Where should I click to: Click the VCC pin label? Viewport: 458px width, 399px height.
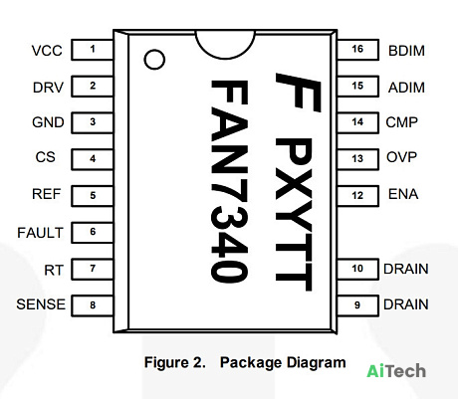[47, 51]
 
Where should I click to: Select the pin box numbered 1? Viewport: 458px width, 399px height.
[93, 50]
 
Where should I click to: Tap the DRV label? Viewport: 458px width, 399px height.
[48, 88]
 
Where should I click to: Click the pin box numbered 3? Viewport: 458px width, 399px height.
[93, 122]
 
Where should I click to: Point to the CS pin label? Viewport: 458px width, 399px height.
[46, 157]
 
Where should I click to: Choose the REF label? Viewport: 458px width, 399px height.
[47, 194]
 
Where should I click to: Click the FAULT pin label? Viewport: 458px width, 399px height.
[40, 233]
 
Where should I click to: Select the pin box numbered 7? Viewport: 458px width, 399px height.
[93, 269]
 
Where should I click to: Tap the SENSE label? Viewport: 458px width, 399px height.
[41, 304]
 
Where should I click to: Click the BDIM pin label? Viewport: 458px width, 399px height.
[406, 51]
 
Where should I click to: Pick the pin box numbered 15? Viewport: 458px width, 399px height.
[357, 87]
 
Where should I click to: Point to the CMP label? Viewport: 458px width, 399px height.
[401, 122]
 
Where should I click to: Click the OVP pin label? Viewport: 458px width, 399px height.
[401, 157]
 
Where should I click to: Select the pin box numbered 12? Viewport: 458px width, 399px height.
[357, 196]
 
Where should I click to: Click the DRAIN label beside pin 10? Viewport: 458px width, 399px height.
[405, 269]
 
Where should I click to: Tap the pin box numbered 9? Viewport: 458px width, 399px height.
[357, 305]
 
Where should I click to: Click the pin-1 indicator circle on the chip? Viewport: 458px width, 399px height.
[154, 50]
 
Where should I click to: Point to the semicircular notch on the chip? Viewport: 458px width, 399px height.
[225, 58]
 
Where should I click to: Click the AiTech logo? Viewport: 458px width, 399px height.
[396, 371]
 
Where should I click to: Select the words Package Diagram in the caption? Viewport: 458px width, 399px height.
[283, 362]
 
